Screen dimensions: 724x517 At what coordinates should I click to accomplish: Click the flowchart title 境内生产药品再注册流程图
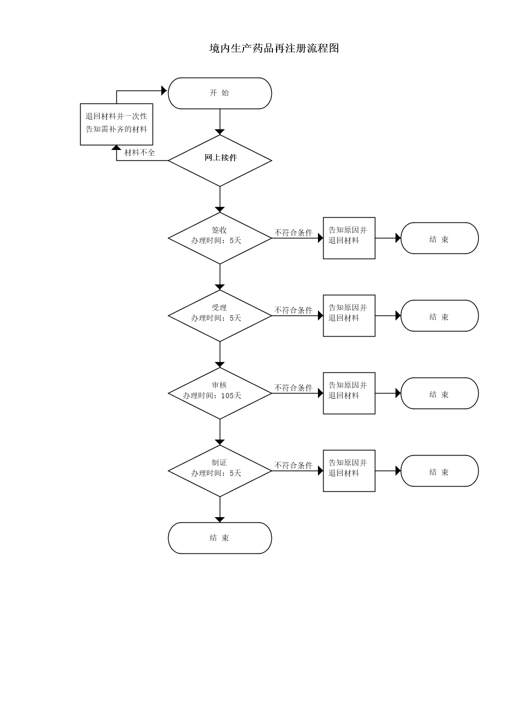[274, 48]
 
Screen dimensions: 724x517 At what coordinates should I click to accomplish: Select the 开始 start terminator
[220, 93]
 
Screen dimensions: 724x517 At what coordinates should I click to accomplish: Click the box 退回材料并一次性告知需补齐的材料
[116, 124]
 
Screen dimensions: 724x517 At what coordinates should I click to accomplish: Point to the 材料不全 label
[140, 153]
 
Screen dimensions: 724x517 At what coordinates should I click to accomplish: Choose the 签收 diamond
[220, 238]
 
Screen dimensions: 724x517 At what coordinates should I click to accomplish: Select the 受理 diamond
[220, 315]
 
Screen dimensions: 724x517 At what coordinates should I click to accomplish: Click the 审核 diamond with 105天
[220, 393]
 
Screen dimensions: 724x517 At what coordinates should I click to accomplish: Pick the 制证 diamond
[220, 471]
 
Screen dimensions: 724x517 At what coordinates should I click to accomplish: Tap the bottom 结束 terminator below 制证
[220, 538]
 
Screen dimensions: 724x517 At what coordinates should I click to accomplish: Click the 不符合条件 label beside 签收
[293, 233]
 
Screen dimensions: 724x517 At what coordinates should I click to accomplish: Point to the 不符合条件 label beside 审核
[293, 388]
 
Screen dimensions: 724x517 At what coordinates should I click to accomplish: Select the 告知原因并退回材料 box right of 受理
[349, 315]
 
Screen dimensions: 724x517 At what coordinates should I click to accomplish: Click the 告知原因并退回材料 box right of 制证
[349, 471]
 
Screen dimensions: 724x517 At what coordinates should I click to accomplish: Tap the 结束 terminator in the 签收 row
[439, 238]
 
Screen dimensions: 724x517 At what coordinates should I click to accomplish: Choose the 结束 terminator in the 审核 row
[439, 393]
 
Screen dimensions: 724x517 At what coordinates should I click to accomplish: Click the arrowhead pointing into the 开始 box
[164, 90]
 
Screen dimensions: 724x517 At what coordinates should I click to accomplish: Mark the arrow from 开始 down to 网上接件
[220, 122]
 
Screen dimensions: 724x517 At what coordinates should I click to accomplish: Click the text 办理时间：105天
[212, 396]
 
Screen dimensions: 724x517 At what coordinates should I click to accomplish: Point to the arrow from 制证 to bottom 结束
[220, 509]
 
